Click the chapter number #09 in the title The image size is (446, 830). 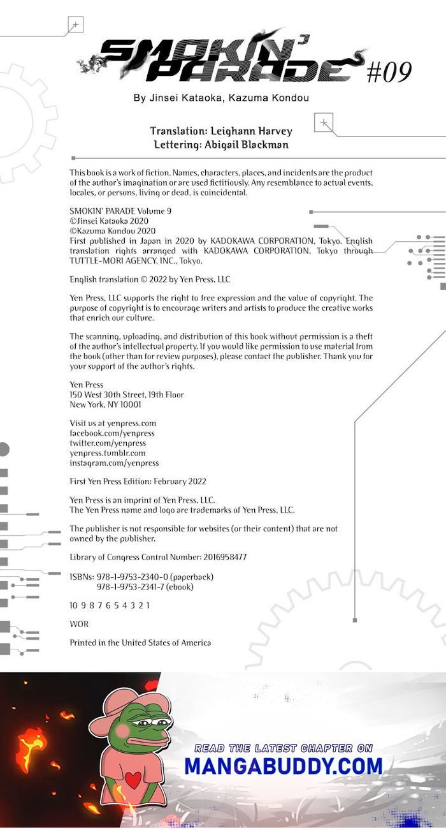point(389,73)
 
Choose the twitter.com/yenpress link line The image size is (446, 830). point(108,443)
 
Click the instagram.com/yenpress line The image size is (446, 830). point(114,463)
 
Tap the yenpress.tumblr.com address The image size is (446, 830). point(107,453)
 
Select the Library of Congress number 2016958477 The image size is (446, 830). point(216,557)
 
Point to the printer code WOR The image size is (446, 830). point(79,624)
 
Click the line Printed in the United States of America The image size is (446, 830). point(140,642)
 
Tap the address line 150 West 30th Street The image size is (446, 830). point(127,394)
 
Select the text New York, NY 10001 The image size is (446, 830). point(105,404)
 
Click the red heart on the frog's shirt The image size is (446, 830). point(133,781)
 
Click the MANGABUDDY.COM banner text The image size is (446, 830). point(284,766)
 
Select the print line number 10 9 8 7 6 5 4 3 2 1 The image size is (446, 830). point(110,605)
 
